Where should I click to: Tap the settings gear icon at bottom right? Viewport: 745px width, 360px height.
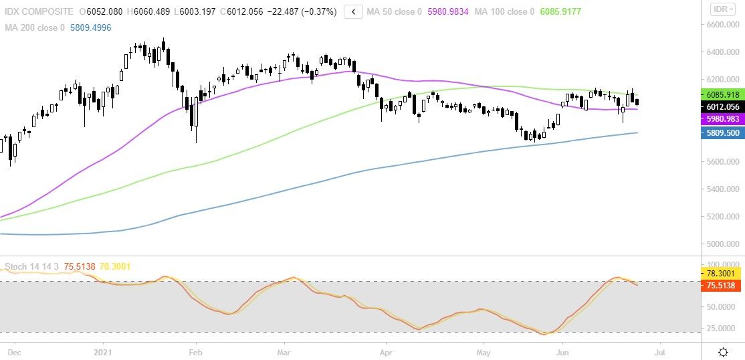[723, 352]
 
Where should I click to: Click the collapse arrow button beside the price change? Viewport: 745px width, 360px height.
[354, 11]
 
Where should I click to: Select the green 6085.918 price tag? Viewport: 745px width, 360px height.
[722, 95]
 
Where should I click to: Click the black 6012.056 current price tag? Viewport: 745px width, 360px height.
[722, 107]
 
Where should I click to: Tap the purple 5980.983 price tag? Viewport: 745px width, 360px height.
[722, 118]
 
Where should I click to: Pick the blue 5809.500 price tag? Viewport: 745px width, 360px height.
[722, 133]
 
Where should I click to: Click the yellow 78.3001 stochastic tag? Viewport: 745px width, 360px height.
[722, 274]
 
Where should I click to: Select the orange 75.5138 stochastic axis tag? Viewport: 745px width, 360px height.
[722, 285]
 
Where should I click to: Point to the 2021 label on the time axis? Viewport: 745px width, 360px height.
[103, 351]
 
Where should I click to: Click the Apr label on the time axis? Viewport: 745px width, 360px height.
[385, 351]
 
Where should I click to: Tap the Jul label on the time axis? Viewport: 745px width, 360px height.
[660, 351]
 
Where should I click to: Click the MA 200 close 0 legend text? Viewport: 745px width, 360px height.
[35, 27]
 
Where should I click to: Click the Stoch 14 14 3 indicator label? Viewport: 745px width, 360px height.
[32, 267]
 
